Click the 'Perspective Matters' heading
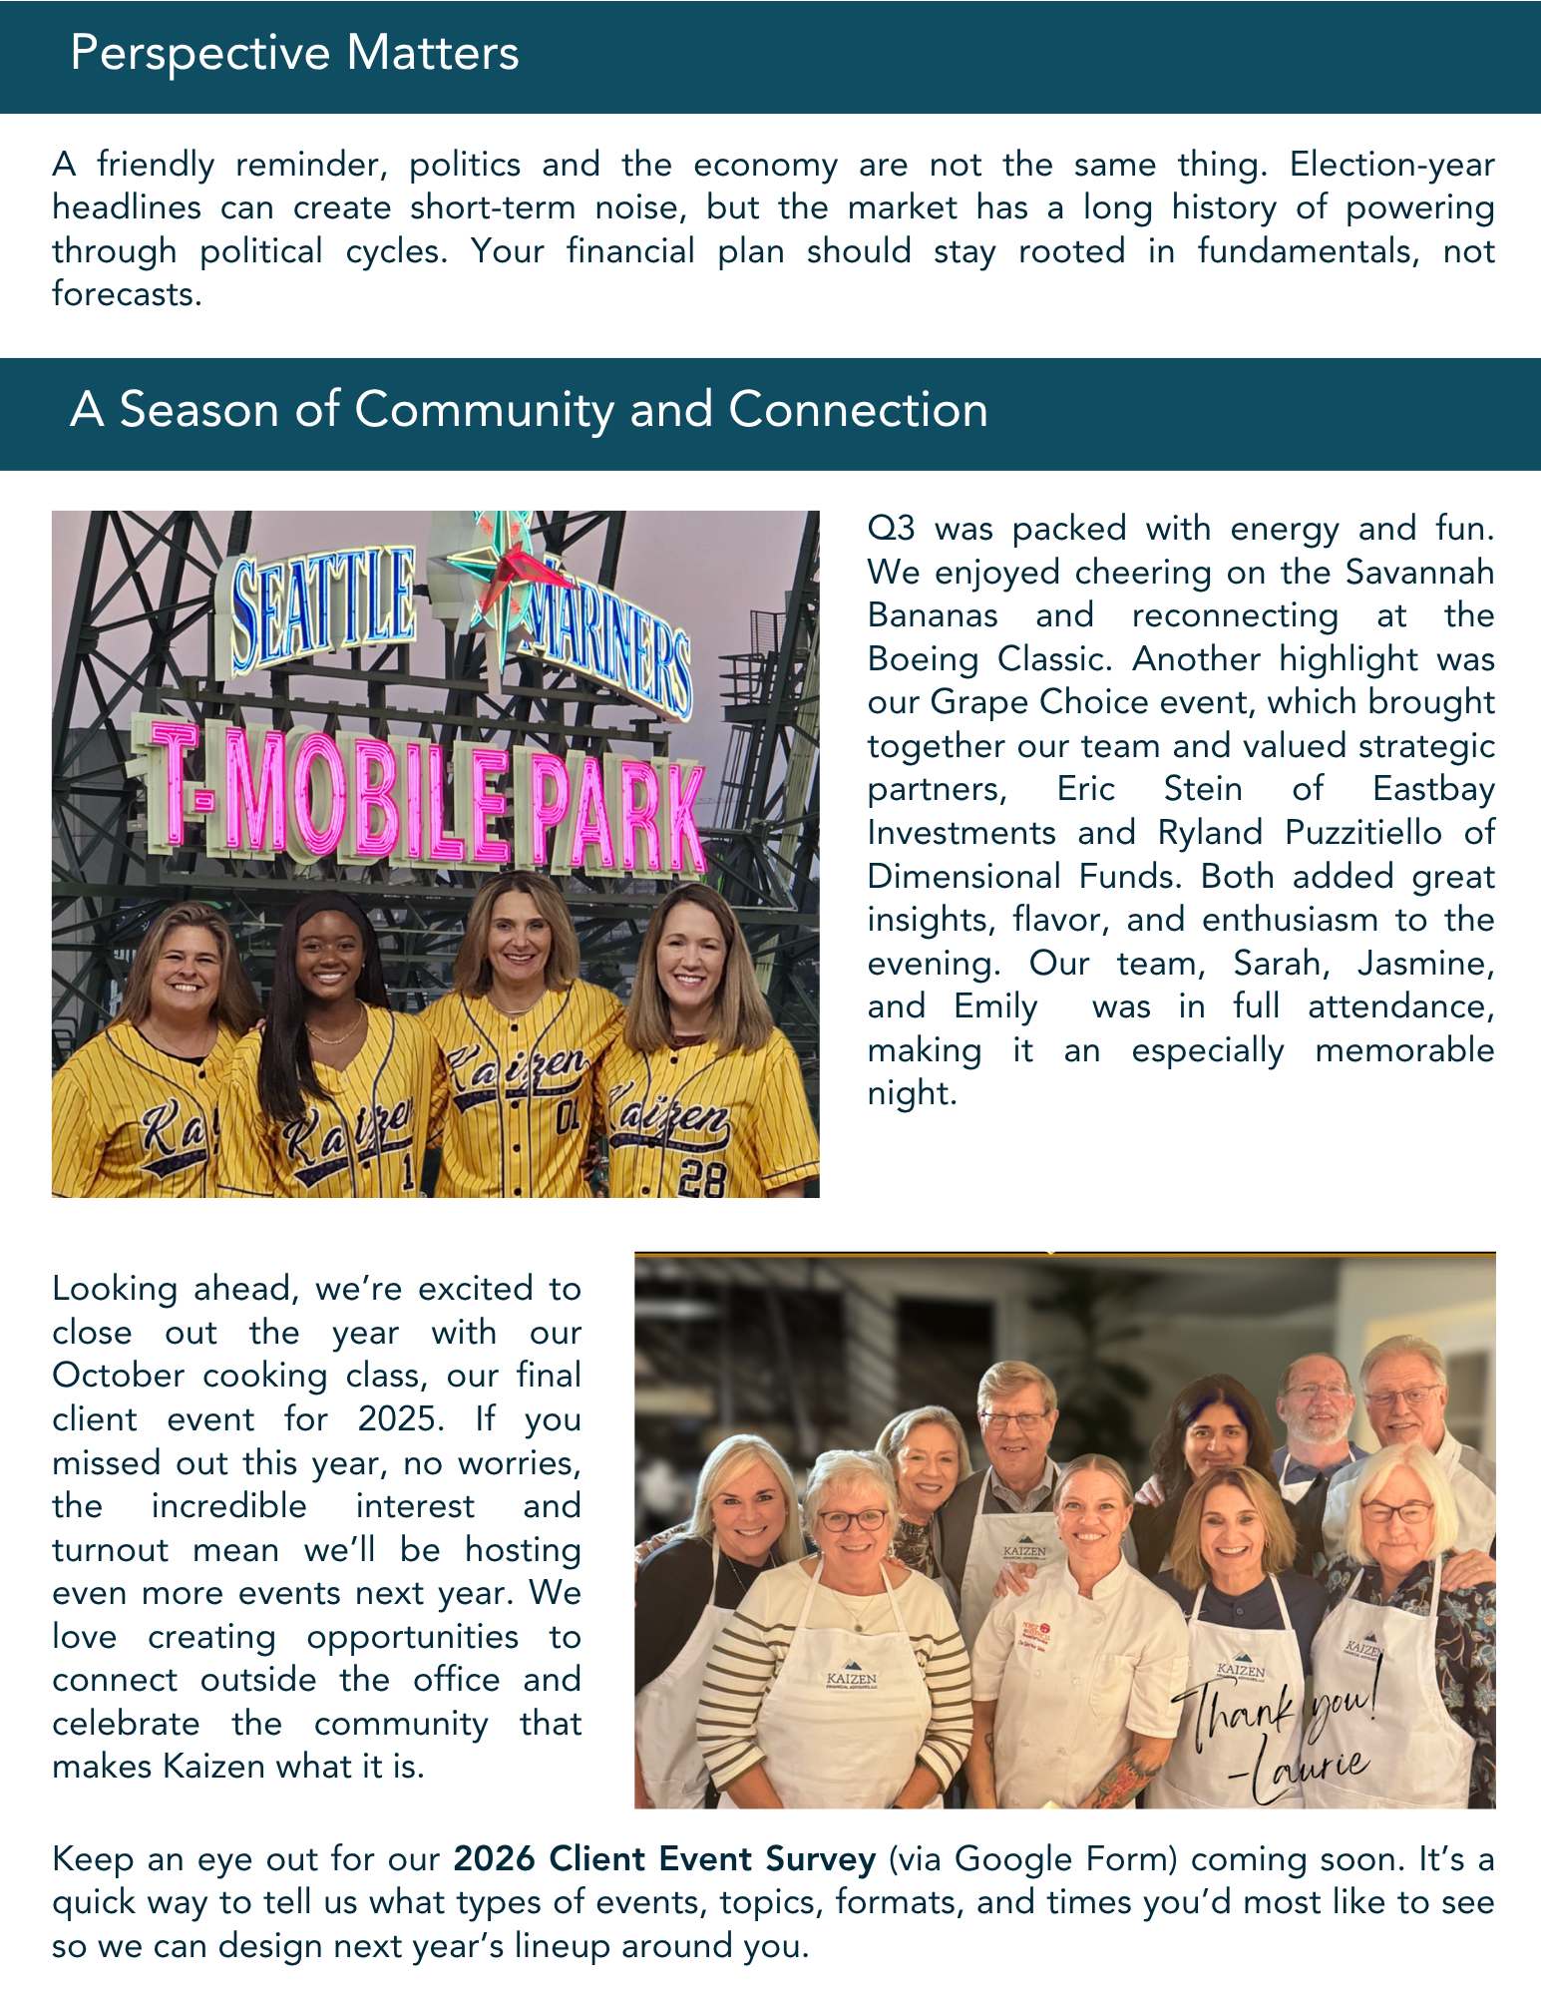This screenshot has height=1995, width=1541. point(294,54)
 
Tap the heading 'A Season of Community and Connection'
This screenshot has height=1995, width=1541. point(529,410)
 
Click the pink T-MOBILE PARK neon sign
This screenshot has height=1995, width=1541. point(419,798)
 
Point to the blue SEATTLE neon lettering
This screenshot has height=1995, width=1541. point(321,608)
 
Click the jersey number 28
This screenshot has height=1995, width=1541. point(701,1178)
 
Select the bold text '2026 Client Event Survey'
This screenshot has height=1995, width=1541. point(664,1859)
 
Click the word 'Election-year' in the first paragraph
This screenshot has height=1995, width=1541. point(1391,165)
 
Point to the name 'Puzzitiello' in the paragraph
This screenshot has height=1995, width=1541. point(1363,833)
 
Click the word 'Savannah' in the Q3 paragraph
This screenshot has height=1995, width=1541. point(1419,573)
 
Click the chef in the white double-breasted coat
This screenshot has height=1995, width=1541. point(1082,1646)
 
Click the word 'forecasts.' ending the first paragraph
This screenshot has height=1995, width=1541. point(127,294)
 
